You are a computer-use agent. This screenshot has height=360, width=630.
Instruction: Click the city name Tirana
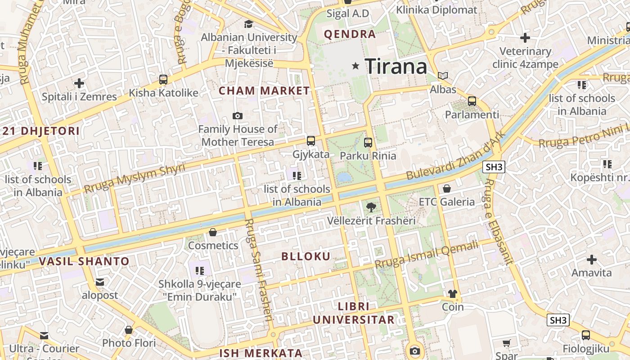[396, 67]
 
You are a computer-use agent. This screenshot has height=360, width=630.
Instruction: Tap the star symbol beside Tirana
[356, 66]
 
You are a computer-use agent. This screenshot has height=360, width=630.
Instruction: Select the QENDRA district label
[350, 34]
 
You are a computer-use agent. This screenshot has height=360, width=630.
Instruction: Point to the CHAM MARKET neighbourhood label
[264, 91]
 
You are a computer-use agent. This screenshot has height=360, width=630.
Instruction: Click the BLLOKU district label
[306, 256]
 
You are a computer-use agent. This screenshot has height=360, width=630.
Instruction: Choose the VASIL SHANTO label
[84, 261]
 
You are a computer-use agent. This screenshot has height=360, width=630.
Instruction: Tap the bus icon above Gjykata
[311, 141]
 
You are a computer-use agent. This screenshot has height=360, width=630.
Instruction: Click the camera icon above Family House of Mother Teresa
[238, 116]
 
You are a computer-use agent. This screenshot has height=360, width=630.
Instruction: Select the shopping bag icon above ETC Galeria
[447, 189]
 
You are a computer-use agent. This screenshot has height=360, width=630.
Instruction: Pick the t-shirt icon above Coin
[452, 294]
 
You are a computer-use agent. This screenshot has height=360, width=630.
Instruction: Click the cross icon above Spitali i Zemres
[79, 83]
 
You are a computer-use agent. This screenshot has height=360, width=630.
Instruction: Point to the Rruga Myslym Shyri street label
[135, 179]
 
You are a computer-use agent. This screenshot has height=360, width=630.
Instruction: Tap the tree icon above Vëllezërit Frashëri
[371, 207]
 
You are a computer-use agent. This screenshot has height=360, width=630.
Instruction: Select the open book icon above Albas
[443, 76]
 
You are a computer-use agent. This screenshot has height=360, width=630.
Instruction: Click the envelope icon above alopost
[100, 282]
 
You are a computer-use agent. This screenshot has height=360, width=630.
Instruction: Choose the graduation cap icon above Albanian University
[248, 24]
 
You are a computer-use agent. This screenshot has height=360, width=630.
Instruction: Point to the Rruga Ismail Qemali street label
[427, 255]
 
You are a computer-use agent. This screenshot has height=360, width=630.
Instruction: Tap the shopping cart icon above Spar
[507, 343]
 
